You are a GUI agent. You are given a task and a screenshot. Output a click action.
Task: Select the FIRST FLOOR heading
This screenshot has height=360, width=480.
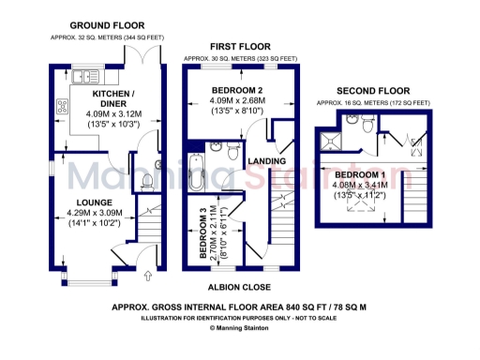click(240, 46)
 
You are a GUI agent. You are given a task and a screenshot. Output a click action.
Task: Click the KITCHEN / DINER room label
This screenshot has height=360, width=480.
click(112, 99)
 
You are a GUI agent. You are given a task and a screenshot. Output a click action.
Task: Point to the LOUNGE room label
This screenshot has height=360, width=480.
click(96, 202)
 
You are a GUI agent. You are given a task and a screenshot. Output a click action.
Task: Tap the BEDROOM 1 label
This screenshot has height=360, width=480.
click(360, 175)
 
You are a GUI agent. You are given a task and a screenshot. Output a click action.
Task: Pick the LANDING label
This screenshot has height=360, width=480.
click(265, 160)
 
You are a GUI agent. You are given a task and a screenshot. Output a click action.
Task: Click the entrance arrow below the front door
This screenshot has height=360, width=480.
click(148, 277)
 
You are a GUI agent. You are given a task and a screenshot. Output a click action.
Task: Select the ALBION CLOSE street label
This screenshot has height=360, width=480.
click(240, 287)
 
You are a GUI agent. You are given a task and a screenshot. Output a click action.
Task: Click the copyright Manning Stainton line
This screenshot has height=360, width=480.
click(240, 328)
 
